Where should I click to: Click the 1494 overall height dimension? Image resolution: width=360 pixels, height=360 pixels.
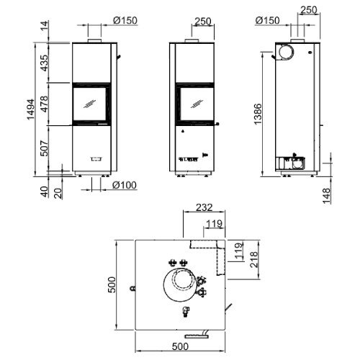point(31,109)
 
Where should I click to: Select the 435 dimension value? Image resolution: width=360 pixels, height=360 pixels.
point(44,63)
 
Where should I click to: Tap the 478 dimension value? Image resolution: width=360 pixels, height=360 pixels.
point(44,104)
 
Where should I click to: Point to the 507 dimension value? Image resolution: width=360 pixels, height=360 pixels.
point(44,148)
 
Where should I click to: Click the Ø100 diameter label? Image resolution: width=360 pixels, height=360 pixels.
point(125,185)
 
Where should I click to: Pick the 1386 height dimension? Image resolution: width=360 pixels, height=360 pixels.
point(258,114)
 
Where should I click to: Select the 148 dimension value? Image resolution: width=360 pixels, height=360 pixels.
point(326,196)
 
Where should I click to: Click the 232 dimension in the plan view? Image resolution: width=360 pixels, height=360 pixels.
point(204,207)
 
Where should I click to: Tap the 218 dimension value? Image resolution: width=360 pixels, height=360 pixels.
point(253,259)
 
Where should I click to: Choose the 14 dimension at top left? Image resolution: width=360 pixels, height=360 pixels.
point(44,25)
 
